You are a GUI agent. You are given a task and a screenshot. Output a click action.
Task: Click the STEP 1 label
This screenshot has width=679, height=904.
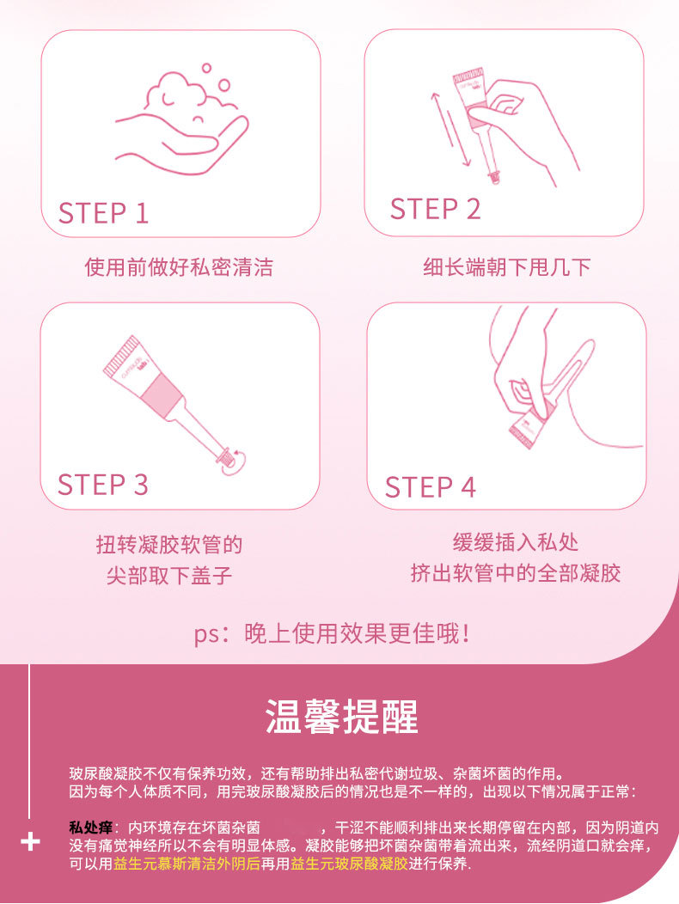pos(104,213)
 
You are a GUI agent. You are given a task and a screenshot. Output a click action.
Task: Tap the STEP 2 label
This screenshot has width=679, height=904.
pos(435,209)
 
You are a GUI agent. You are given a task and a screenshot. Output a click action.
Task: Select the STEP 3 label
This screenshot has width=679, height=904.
pos(102,485)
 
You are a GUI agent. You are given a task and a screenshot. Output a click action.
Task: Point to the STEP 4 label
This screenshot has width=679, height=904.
pos(431,487)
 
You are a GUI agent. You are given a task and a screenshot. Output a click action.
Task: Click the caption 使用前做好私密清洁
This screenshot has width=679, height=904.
pos(179,267)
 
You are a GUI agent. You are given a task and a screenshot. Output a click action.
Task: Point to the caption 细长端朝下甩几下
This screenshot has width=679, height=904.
pos(507,267)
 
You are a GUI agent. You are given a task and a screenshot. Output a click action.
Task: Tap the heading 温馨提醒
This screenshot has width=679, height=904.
pos(341,717)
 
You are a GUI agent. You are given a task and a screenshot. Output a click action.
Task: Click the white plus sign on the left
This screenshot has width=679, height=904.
pos(30,842)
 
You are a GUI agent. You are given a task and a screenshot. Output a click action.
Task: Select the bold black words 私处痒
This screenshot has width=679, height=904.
pos(90,828)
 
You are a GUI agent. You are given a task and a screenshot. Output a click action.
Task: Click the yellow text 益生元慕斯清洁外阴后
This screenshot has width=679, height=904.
pos(187,864)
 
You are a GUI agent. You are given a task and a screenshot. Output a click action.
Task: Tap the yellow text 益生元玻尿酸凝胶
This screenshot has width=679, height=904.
pos(349,864)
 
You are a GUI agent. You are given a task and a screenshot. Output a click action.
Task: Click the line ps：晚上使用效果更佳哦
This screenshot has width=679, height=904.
pos(333,634)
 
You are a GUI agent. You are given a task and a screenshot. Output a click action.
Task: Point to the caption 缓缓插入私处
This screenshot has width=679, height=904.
pos(515,542)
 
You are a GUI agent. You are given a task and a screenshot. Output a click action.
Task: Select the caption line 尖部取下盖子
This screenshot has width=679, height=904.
pos(169,575)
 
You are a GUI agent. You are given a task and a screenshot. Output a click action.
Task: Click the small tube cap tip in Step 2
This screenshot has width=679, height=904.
pos(494,176)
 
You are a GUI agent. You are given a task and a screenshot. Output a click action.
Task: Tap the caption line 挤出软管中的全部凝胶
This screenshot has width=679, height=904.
pos(515,573)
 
